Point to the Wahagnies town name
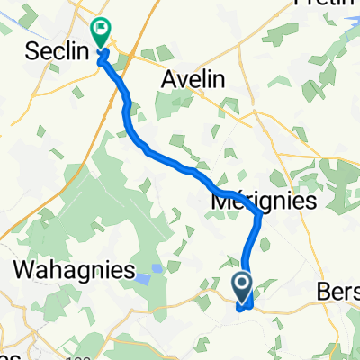tap(74, 270)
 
